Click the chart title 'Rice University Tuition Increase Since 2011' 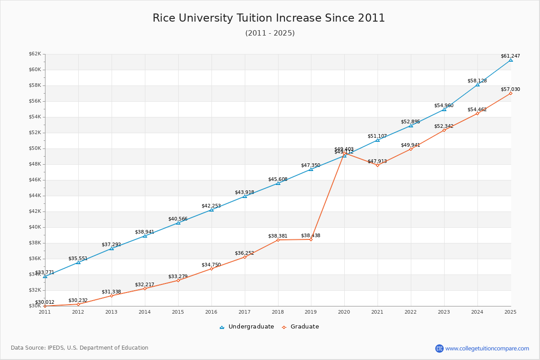[269, 18]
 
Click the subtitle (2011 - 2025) [270, 33]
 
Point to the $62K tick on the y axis [35, 54]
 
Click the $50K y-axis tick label [35, 148]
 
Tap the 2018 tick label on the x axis [278, 311]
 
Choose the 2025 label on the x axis [510, 311]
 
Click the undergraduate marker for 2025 [511, 60]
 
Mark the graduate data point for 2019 [311, 239]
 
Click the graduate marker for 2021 [378, 165]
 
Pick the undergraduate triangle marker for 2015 [178, 223]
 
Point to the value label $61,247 [510, 56]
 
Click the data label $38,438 [310, 235]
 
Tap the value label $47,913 [377, 161]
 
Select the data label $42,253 [211, 206]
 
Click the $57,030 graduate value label [510, 89]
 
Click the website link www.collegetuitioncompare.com [487, 348]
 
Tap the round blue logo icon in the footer [439, 348]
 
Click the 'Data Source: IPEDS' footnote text [80, 348]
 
